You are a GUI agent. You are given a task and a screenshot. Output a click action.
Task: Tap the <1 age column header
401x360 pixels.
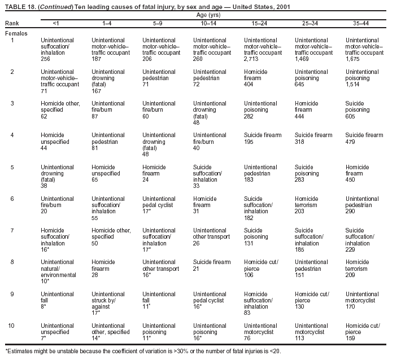(x=55, y=23)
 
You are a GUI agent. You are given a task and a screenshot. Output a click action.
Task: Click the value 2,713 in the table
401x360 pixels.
(x=252, y=59)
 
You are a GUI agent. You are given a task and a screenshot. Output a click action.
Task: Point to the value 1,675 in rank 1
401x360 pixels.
(x=352, y=59)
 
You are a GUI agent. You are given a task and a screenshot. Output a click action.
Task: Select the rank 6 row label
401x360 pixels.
(x=12, y=199)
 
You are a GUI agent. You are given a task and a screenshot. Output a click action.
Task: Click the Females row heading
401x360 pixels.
(x=16, y=33)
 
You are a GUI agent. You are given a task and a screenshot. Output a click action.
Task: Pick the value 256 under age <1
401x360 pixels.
(x=45, y=59)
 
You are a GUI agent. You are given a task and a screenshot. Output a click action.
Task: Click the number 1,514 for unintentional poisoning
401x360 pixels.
(x=352, y=90)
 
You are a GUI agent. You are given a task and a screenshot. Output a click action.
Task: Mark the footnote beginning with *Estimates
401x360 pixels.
(x=142, y=351)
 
